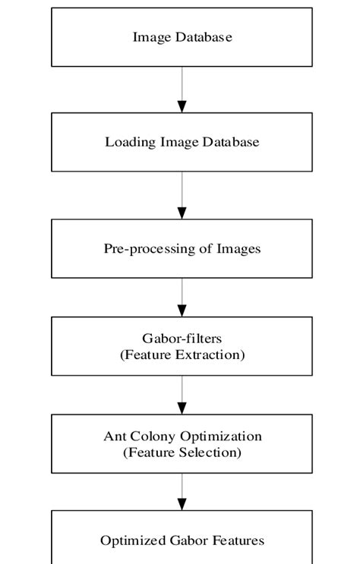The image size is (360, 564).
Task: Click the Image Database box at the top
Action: [x=182, y=37]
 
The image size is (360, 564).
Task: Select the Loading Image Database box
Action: [x=182, y=142]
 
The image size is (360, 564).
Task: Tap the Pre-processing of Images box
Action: [x=182, y=248]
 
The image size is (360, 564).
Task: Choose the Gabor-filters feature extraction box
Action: [x=182, y=346]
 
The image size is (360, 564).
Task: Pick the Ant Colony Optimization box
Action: [x=182, y=444]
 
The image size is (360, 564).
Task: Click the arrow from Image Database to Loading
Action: [x=182, y=90]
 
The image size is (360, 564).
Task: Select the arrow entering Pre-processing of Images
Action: [x=182, y=195]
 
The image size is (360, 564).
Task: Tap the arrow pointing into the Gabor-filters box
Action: [x=182, y=297]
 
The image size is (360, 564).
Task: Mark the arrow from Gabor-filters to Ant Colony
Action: [x=182, y=395]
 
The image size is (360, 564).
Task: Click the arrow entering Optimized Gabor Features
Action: [x=182, y=492]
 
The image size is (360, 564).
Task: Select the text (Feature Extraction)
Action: [x=182, y=354]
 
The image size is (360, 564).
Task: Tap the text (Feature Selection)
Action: [x=182, y=452]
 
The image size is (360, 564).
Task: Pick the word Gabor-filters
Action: [x=182, y=339]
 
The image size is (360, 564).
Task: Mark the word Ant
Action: [x=115, y=436]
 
